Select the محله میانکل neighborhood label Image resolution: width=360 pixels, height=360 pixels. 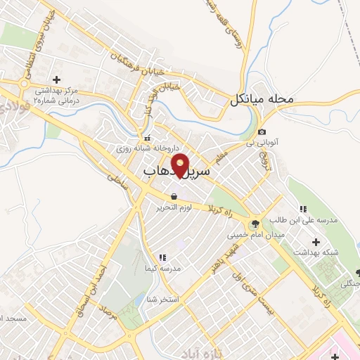click(x=260, y=101)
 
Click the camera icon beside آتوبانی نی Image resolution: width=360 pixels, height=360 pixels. click(x=262, y=132)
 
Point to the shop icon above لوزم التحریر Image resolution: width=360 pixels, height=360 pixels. click(x=173, y=195)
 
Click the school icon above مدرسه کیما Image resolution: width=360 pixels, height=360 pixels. click(x=163, y=257)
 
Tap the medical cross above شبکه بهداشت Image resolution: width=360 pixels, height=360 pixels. click(x=316, y=242)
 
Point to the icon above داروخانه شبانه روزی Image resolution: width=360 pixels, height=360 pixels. click(x=147, y=138)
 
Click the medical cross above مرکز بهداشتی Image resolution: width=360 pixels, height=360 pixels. click(x=56, y=79)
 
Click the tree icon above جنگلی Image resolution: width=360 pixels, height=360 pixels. click(x=356, y=272)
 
